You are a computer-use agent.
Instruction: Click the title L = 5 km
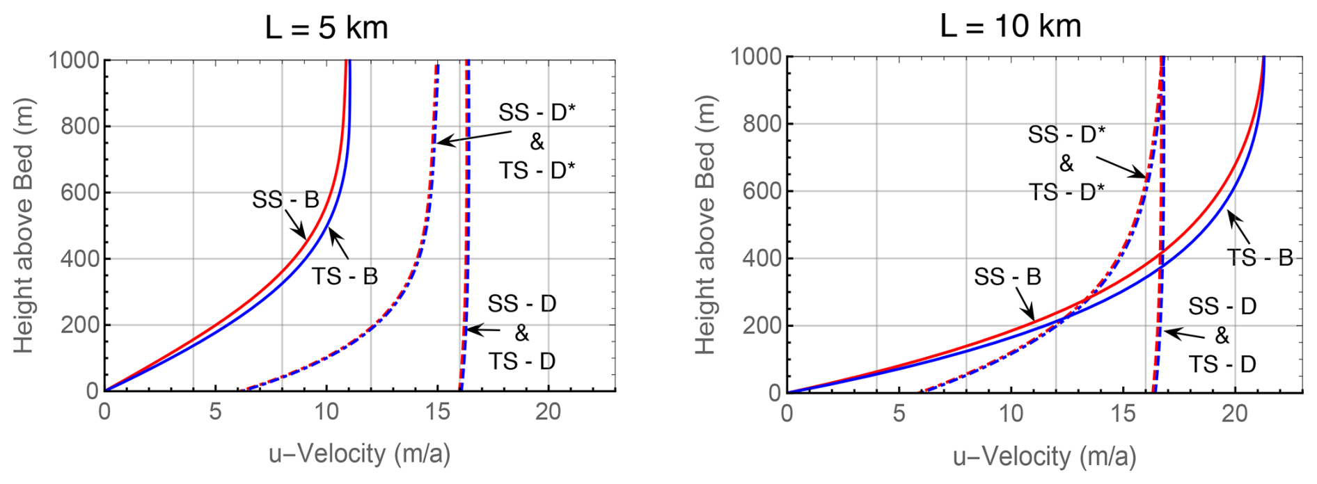(x=326, y=29)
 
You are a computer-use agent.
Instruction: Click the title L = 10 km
(x=1011, y=26)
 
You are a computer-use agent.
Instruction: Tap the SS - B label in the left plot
(x=285, y=200)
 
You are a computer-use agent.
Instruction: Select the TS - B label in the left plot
(x=345, y=276)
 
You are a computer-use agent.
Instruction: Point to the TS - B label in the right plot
(x=1259, y=258)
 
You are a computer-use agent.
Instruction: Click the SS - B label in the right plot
(x=1007, y=277)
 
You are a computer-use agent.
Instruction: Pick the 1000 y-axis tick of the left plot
(x=74, y=60)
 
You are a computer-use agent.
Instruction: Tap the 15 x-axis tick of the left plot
(x=438, y=412)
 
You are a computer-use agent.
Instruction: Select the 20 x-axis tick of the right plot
(x=1235, y=414)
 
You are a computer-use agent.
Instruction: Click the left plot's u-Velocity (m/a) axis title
(x=360, y=454)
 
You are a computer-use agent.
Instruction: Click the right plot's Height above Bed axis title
(x=705, y=225)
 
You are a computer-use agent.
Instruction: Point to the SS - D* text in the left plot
(x=537, y=113)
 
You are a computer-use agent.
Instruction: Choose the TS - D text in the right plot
(x=1222, y=364)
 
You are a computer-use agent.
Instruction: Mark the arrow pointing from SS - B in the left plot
(x=297, y=226)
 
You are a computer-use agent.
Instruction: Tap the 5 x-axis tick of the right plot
(x=899, y=414)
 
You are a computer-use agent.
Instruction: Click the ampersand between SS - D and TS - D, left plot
(x=521, y=333)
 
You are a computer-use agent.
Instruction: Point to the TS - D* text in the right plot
(x=1066, y=193)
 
